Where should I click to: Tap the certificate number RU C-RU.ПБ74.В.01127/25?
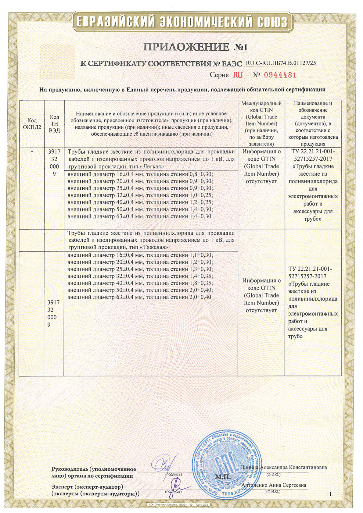coord(281,63)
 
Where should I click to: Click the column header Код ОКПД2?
coord(32,124)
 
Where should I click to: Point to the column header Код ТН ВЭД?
coord(54,124)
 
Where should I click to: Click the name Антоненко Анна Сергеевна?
coord(274,485)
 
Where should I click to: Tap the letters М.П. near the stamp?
coord(223,476)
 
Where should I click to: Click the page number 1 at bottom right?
coord(330,494)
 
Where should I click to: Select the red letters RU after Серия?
coord(238,75)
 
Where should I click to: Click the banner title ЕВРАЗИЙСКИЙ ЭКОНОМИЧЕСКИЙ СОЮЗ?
coord(181,22)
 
